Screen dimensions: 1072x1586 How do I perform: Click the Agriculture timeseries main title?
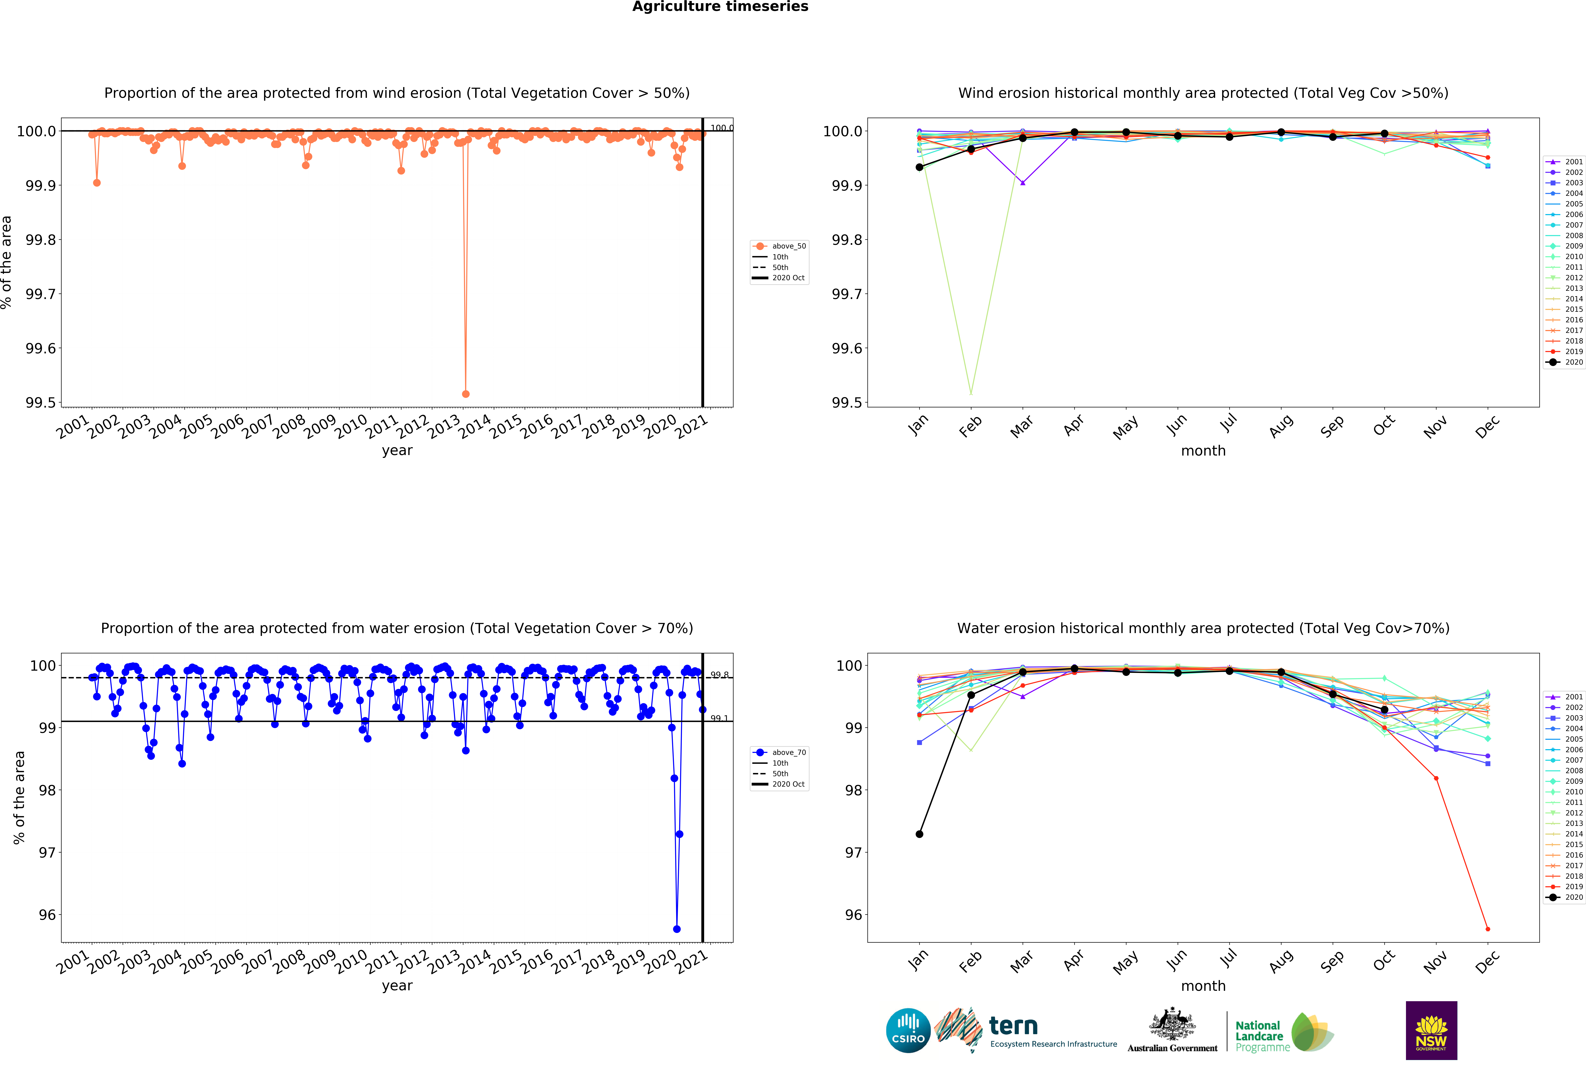720,7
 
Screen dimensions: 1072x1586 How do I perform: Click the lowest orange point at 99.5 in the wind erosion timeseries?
465,394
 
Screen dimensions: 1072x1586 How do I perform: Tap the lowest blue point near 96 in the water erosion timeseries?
676,929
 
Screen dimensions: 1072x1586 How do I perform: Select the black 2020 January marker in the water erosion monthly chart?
919,834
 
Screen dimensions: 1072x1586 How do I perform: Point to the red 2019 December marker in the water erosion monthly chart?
1488,929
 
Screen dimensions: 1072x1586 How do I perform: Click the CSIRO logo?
908,1030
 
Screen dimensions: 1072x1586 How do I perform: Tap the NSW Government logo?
1431,1030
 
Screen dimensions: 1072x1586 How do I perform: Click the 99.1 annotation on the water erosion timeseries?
719,718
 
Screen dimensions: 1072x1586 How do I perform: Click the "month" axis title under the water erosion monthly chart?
1203,986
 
